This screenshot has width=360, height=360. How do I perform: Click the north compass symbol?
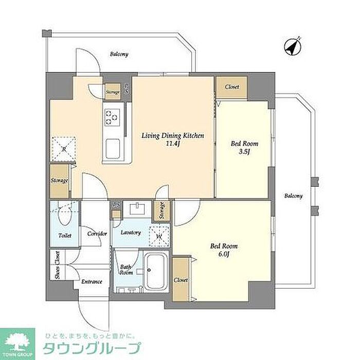[293, 47]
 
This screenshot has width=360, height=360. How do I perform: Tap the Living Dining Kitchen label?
[173, 135]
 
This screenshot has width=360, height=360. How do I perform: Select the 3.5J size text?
[244, 152]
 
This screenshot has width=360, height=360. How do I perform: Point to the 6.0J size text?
[224, 254]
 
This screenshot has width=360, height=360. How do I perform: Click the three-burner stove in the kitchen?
[112, 117]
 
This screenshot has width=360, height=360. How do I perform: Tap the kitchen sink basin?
[113, 149]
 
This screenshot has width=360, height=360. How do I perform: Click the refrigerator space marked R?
[64, 149]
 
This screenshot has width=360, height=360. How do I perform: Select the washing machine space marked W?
[159, 236]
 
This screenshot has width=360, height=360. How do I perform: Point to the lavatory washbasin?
[137, 209]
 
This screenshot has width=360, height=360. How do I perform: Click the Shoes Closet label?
[58, 265]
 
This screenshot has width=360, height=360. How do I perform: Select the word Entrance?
[92, 282]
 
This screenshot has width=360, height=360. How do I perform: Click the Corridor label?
[97, 233]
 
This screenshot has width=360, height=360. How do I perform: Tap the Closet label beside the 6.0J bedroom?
[181, 280]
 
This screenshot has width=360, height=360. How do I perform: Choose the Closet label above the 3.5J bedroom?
[232, 87]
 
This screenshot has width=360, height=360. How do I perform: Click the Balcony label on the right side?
[294, 196]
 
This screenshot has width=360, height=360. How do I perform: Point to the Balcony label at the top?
[119, 54]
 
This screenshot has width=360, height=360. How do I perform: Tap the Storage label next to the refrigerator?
[59, 181]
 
